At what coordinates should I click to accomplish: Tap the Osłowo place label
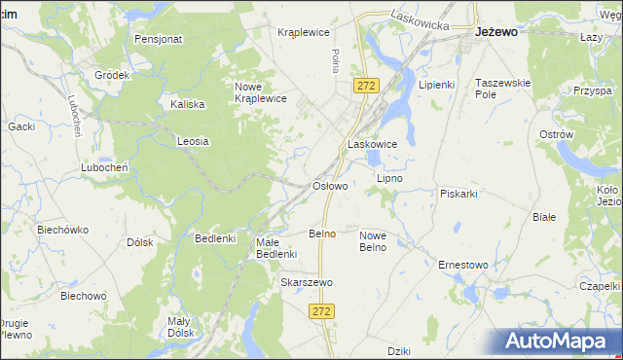tap(329, 185)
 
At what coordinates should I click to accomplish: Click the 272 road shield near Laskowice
tap(365, 87)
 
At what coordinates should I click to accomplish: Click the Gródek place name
tap(112, 75)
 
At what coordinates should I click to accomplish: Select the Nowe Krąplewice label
tap(260, 92)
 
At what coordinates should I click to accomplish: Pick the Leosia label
tap(193, 141)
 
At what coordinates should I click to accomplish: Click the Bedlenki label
tap(216, 238)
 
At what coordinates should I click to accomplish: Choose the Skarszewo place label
tap(307, 282)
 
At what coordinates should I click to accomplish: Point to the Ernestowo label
tap(462, 265)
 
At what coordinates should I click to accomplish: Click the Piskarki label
tap(458, 193)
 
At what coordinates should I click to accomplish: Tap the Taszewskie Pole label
tap(502, 90)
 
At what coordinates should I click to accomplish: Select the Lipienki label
tap(436, 85)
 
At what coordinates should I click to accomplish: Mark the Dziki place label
tap(399, 350)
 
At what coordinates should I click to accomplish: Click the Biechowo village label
tap(84, 295)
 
